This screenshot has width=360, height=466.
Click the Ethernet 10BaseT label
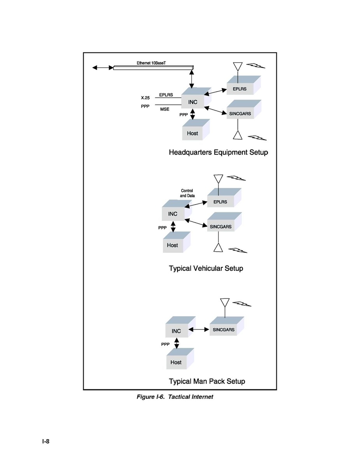tap(151, 63)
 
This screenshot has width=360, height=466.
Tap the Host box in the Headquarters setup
tap(196, 130)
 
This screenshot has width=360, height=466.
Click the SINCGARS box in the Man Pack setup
tap(227, 326)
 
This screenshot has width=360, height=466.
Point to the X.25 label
tap(145, 98)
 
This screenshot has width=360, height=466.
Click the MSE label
tap(165, 109)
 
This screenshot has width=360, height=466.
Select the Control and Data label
tap(187, 193)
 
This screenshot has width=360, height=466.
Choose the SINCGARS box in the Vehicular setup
tap(224, 222)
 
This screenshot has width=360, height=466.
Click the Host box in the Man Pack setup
tap(180, 359)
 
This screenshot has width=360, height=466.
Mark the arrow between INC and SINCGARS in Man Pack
tap(199, 329)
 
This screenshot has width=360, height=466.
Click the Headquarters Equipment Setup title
tap(218, 152)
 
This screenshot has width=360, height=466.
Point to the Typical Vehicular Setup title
tap(206, 268)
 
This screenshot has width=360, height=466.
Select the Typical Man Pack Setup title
tap(207, 381)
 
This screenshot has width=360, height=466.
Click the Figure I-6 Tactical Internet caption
tap(175, 397)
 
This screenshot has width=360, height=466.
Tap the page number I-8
tap(46, 441)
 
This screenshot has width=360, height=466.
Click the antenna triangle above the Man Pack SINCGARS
tap(225, 303)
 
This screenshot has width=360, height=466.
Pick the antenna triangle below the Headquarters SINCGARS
tap(238, 135)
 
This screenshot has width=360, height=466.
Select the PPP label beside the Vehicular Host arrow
tap(163, 228)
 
